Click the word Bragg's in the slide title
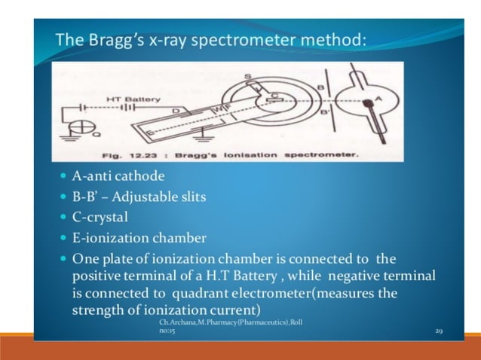coord(106,38)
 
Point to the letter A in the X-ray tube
coord(378,97)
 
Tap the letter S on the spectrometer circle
coord(246,77)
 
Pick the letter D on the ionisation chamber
coord(175,111)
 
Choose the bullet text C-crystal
coord(100,218)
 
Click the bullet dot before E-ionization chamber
coord(62,239)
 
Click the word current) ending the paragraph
coord(238,310)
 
